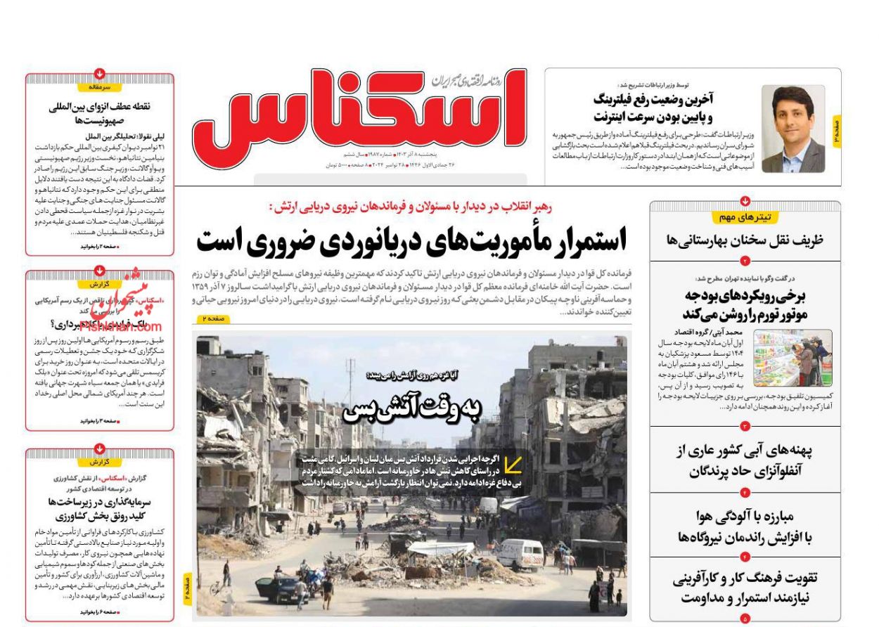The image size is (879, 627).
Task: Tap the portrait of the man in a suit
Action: tap(793, 129)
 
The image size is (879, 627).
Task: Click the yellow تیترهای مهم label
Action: tap(745, 217)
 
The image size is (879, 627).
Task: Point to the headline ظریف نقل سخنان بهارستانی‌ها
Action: tap(745, 240)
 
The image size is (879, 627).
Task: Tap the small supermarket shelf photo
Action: tap(793, 358)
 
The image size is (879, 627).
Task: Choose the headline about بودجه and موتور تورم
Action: tap(745, 304)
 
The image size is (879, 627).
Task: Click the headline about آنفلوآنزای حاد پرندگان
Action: tap(745, 460)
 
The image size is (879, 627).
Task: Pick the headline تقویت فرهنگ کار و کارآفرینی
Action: tap(745, 588)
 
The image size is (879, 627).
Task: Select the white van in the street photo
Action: tap(520, 554)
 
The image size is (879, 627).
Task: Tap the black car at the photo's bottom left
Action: tap(282, 588)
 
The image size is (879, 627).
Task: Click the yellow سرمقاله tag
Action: tap(99, 87)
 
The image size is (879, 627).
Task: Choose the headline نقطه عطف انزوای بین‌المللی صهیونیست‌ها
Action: tap(99, 114)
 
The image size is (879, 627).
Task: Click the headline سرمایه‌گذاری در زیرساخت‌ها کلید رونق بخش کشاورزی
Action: tap(99, 509)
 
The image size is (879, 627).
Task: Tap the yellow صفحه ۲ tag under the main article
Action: tap(212, 319)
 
